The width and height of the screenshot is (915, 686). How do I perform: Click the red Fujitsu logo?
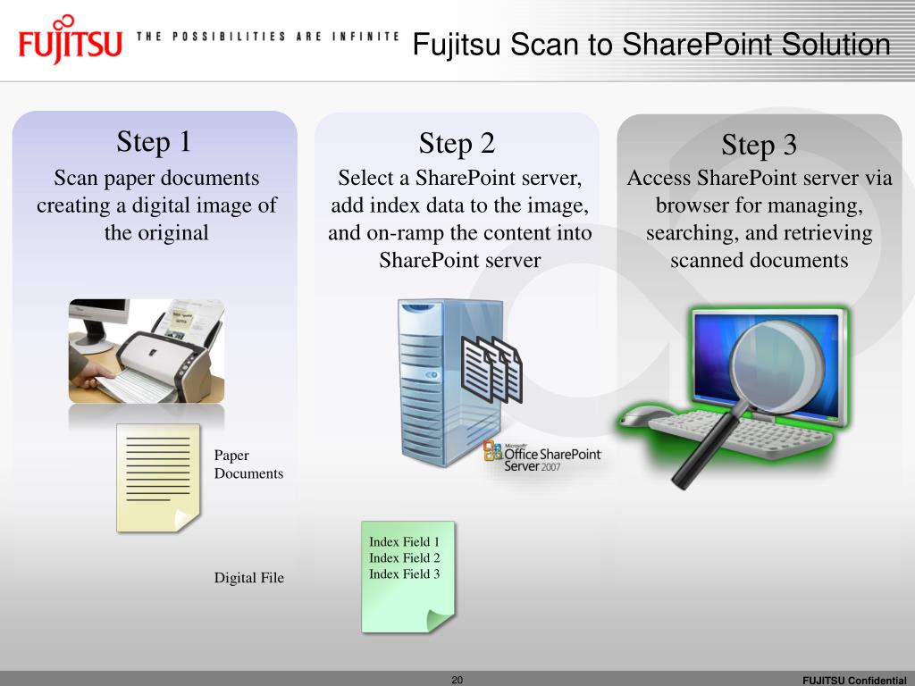tap(70, 39)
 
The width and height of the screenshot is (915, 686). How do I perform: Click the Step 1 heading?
tap(154, 142)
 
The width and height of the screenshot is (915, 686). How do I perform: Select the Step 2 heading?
tap(457, 144)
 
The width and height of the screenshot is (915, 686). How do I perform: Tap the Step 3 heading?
tap(760, 145)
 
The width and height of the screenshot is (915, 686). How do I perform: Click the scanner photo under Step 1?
tap(147, 351)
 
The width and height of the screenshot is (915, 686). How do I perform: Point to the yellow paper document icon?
tap(158, 478)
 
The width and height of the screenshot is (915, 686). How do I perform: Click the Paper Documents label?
tap(248, 464)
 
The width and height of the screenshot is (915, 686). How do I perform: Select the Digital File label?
tap(249, 578)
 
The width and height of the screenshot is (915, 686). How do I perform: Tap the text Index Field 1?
tap(405, 542)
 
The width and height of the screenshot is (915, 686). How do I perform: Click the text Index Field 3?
tap(405, 574)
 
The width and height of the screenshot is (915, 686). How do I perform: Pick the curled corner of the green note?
tap(440, 620)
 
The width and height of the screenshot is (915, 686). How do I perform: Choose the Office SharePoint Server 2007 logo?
tap(542, 456)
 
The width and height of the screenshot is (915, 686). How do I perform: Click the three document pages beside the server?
tap(492, 369)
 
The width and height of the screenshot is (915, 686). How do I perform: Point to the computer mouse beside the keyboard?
tap(640, 416)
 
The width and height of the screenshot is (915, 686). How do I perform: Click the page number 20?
tap(457, 680)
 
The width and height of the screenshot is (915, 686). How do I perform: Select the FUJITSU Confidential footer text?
tap(854, 680)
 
